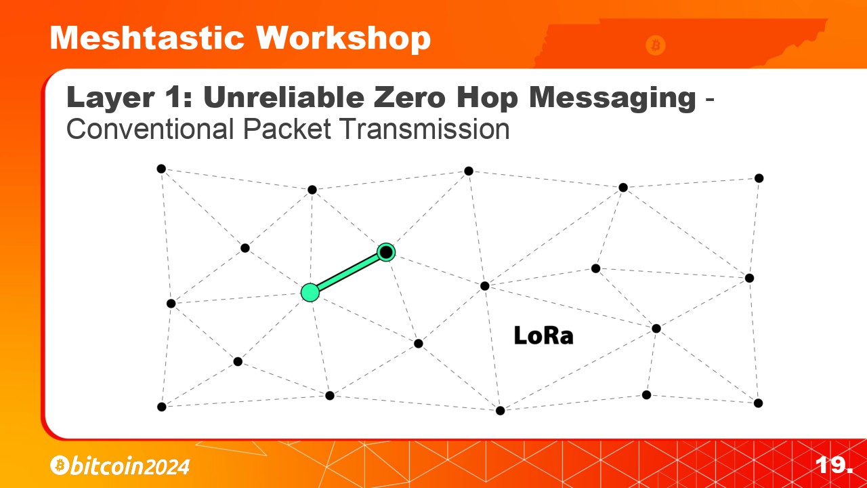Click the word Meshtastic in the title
coord(147,38)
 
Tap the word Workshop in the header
coord(343,39)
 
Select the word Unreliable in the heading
coord(283,97)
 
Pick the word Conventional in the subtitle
coord(150,129)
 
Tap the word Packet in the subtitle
coord(287,129)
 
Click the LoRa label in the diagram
coord(543,335)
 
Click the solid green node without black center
coord(310,292)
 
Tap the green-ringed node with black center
coord(386,253)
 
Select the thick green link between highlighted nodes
coord(348,272)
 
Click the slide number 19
coord(833,465)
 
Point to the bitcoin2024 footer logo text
coord(129,466)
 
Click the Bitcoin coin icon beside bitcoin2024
coord(60,465)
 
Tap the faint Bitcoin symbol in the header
coord(656,45)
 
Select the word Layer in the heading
coord(110,99)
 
